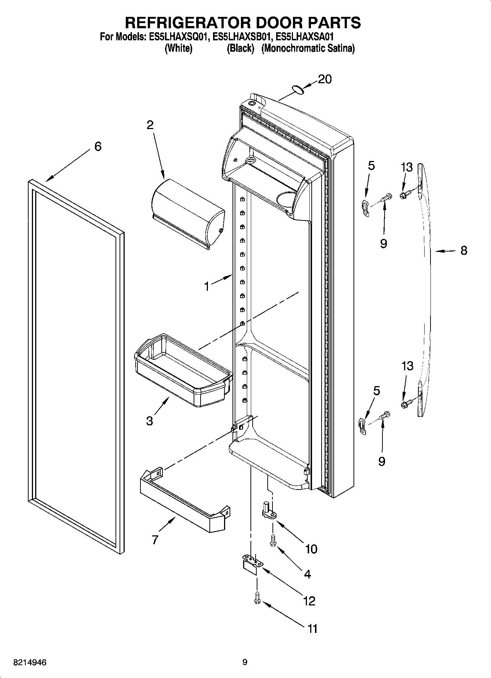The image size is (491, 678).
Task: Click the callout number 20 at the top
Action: point(325,79)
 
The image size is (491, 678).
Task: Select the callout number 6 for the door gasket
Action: point(98,147)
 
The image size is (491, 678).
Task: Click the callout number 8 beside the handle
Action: point(464,250)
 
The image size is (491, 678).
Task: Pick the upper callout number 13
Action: point(407,167)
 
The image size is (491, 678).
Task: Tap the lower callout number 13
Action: point(407,366)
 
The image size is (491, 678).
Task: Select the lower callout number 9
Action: point(381,461)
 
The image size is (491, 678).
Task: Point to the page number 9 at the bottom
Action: point(245,662)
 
